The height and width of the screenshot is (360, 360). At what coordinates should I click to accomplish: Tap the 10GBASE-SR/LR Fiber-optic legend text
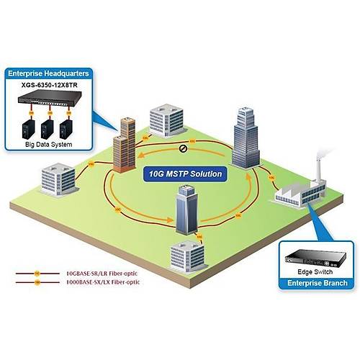pos(101,274)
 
